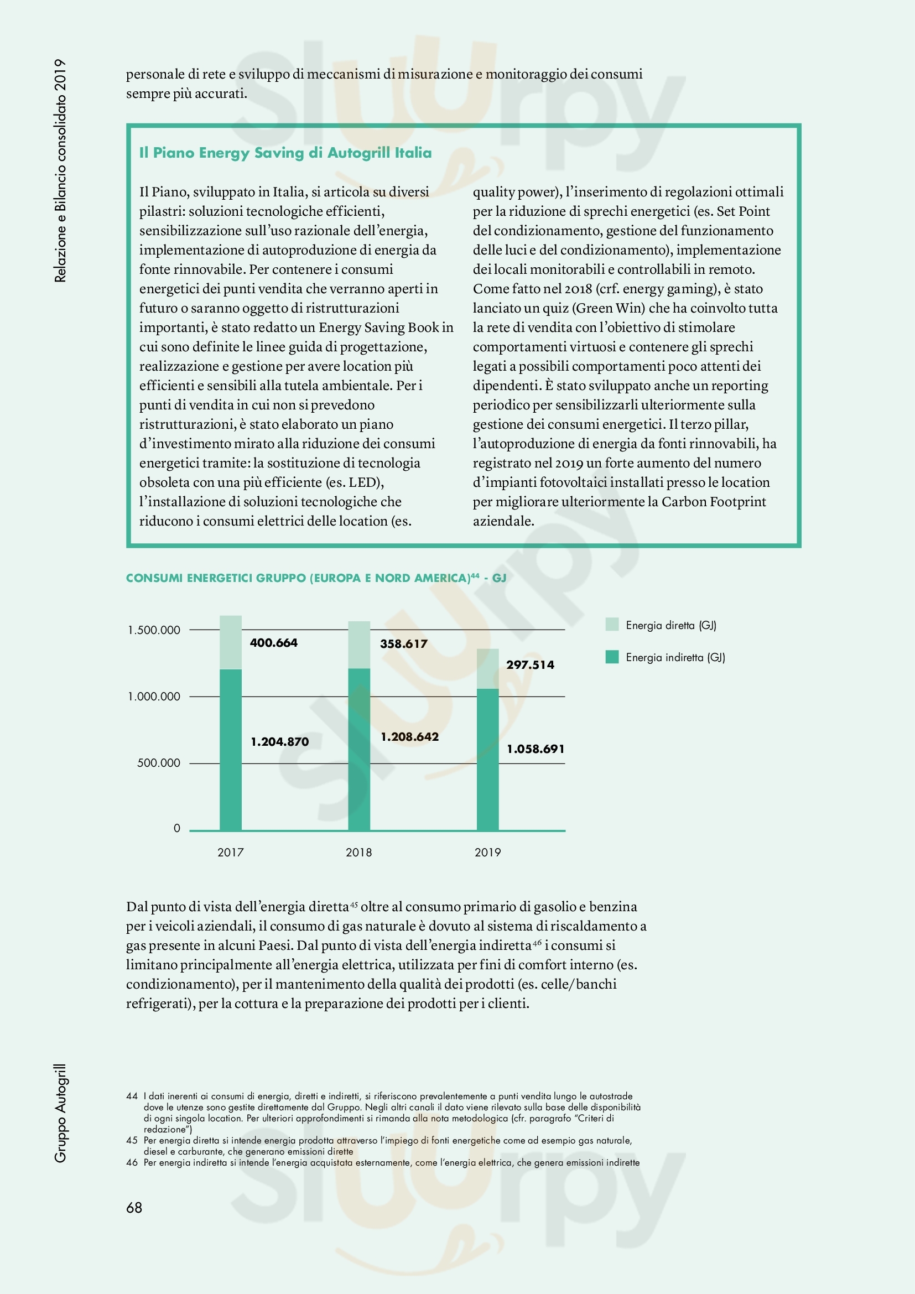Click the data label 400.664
pyautogui.click(x=273, y=642)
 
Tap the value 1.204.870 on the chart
pyautogui.click(x=279, y=742)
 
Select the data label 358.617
pyautogui.click(x=403, y=643)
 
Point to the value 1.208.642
pyautogui.click(x=409, y=736)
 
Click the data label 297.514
pyautogui.click(x=529, y=664)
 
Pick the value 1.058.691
pyautogui.click(x=536, y=749)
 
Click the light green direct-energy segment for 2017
pyautogui.click(x=231, y=642)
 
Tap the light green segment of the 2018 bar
pyautogui.click(x=359, y=645)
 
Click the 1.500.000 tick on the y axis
pyautogui.click(x=154, y=630)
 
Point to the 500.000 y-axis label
pyautogui.click(x=158, y=763)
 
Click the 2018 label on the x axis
pyautogui.click(x=359, y=852)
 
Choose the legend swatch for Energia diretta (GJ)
pyautogui.click(x=612, y=625)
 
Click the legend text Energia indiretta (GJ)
pyautogui.click(x=675, y=657)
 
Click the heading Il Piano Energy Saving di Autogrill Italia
pyautogui.click(x=285, y=153)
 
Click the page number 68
pyautogui.click(x=134, y=1207)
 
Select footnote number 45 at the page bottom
pyautogui.click(x=132, y=1140)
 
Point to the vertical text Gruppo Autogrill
pyautogui.click(x=60, y=1113)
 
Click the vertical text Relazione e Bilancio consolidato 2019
pyautogui.click(x=60, y=170)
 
